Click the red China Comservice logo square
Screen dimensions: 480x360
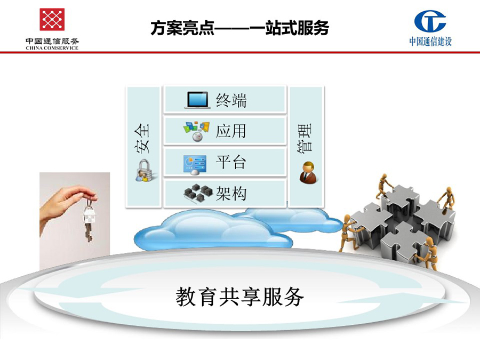(x=52, y=19)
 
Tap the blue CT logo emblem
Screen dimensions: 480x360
(x=430, y=21)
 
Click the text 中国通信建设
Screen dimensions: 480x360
(x=431, y=41)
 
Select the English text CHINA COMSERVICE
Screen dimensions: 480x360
(x=52, y=48)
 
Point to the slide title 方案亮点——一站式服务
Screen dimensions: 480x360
(x=239, y=28)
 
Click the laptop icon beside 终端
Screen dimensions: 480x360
(x=197, y=100)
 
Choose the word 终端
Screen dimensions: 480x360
(x=231, y=100)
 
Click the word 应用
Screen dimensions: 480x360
(x=231, y=131)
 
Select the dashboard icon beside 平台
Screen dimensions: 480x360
(x=195, y=165)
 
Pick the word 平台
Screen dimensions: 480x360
(x=231, y=162)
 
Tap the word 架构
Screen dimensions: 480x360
(x=231, y=194)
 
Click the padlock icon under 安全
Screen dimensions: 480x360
(x=144, y=171)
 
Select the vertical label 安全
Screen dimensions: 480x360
(x=142, y=138)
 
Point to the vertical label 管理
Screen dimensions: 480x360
(x=305, y=138)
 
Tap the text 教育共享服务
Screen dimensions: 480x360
(x=239, y=297)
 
